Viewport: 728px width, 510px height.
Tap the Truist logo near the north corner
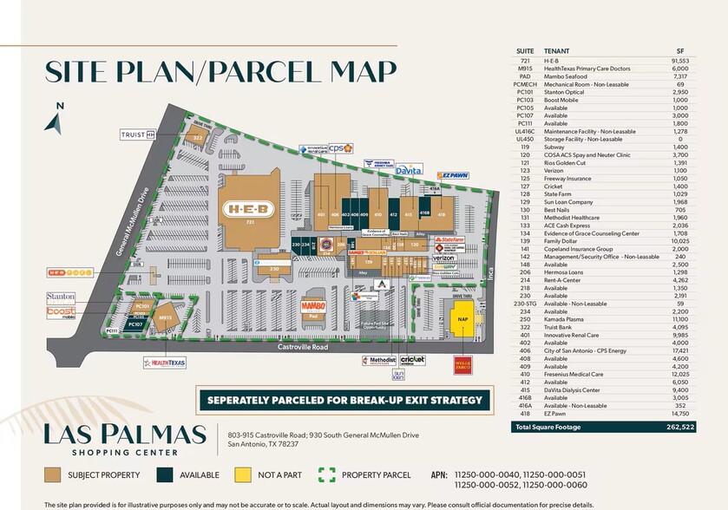click(x=139, y=134)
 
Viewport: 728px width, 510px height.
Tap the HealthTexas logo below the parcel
click(x=165, y=363)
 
